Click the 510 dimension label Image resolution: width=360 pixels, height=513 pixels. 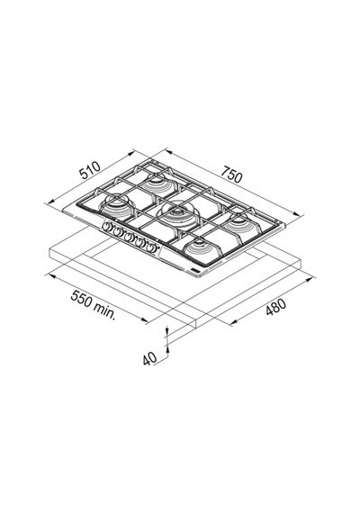pos(90,170)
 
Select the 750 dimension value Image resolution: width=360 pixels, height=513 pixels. pos(231,174)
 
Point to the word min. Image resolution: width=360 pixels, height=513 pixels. pos(104,310)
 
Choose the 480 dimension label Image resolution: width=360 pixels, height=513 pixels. pos(275,307)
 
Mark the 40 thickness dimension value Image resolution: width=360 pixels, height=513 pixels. pos(150,358)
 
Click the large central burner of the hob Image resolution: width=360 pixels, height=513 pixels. pos(177,215)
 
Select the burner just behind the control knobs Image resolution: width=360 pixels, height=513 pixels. pos(116,207)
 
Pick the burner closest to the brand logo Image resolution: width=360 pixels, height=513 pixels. pos(201,251)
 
